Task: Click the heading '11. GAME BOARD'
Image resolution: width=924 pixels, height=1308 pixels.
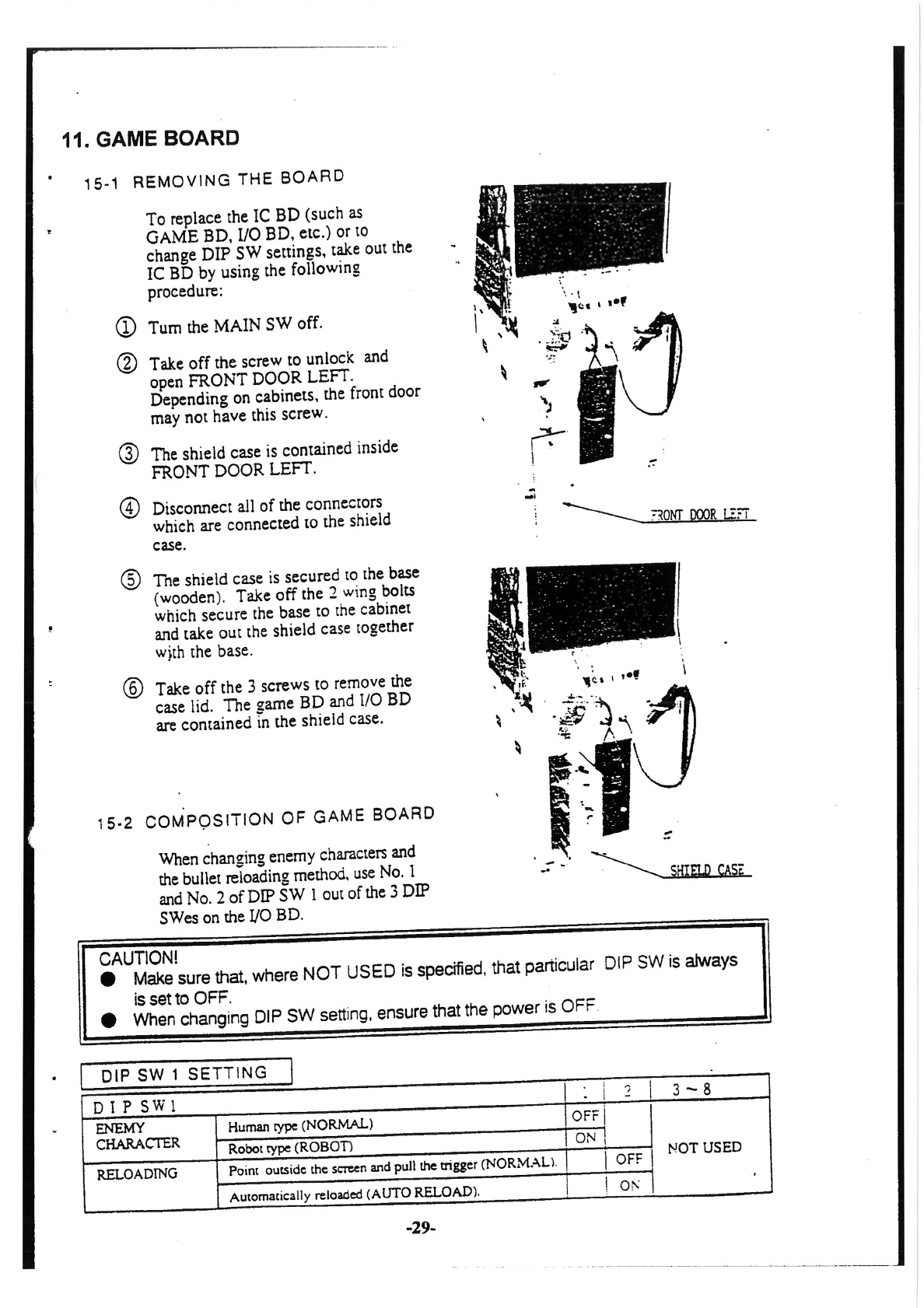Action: [x=151, y=139]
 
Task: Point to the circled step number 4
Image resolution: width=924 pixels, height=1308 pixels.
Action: [x=130, y=509]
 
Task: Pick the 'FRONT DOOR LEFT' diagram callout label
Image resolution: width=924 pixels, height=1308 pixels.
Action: [x=701, y=514]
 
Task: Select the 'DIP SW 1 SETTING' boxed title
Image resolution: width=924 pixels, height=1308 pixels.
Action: [x=184, y=1074]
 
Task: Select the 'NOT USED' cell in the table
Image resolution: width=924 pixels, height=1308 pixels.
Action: [x=705, y=1147]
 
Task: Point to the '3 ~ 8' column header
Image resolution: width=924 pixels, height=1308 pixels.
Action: [x=691, y=1089]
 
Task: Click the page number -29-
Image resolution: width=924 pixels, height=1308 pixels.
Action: [x=421, y=1228]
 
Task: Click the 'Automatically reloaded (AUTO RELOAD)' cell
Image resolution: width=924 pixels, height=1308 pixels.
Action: [x=355, y=1194]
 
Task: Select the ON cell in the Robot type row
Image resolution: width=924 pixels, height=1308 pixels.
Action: [x=585, y=1138]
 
